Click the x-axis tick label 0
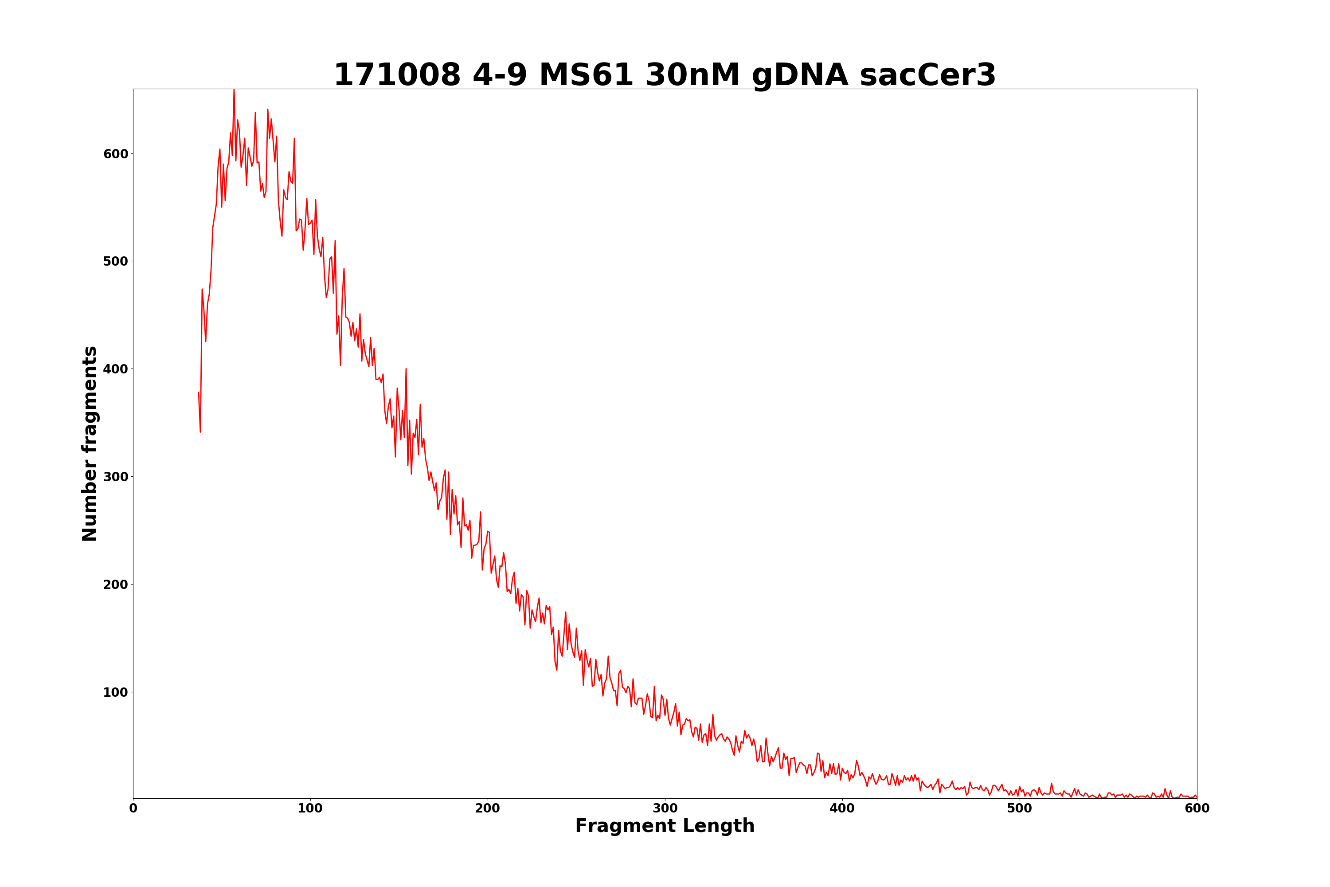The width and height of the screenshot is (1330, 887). pos(133,809)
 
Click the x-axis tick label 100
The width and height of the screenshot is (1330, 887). pos(310,809)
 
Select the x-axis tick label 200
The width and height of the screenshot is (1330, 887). pos(487,809)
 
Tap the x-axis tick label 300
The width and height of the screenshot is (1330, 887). pos(665,809)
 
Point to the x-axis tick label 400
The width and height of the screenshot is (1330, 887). pos(842,809)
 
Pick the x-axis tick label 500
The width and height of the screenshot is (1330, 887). pos(1020,809)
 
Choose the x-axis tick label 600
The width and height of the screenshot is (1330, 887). pos(1197,809)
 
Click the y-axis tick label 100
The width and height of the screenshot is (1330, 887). pos(115,692)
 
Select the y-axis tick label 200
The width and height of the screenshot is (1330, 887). pos(115,585)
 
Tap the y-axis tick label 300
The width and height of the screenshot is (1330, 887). pos(115,477)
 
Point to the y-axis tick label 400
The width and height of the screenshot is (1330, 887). pos(115,369)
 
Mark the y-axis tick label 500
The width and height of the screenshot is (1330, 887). pos(115,261)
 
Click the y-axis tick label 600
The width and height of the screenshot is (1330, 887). pos(115,154)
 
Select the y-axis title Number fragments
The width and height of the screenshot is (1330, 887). pos(90,444)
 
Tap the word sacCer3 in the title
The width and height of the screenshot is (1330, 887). pos(927,75)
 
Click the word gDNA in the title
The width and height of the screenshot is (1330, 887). pos(800,75)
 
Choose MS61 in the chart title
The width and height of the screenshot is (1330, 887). pos(587,75)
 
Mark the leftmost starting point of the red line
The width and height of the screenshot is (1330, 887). pos(199,392)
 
